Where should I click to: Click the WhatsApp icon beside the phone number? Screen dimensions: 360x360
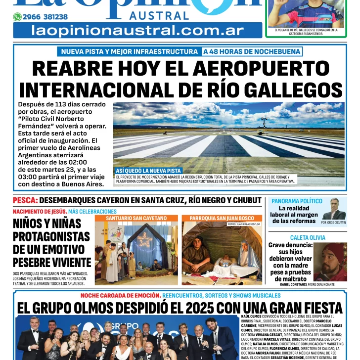[x=17, y=17]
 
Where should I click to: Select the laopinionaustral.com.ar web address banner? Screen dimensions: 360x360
[x=137, y=31]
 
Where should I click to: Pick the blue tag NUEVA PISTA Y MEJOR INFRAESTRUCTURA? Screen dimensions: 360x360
[x=129, y=51]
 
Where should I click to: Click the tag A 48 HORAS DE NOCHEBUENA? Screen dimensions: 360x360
[x=251, y=51]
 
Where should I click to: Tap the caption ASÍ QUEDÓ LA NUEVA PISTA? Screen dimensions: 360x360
[x=148, y=171]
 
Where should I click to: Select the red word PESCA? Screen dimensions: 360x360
[x=25, y=200]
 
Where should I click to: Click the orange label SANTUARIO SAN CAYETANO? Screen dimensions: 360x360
[x=136, y=218]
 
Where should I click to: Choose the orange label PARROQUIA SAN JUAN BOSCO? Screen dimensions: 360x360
[x=222, y=218]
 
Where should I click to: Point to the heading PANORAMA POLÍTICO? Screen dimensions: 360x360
[x=297, y=201]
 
